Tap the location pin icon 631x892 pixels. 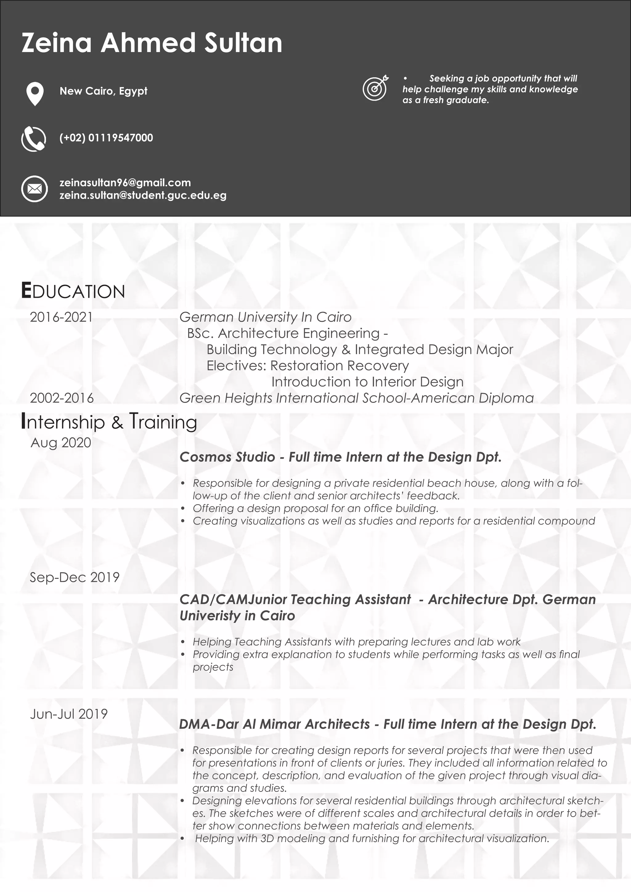click(35, 93)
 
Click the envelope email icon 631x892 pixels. click(34, 189)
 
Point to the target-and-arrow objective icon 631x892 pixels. click(375, 87)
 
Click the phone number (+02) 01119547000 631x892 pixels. click(106, 138)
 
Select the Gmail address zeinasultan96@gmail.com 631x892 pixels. click(125, 183)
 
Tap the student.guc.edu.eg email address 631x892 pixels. click(143, 195)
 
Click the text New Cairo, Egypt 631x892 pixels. click(103, 91)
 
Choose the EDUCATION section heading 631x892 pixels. click(73, 291)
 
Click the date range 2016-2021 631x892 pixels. click(61, 317)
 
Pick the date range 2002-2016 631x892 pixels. click(62, 398)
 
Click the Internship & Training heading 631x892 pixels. click(109, 422)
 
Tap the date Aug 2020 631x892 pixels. click(61, 443)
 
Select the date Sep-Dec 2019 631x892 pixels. click(75, 577)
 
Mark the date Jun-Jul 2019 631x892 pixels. click(69, 714)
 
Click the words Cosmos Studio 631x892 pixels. click(227, 457)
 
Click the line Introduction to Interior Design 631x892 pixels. click(367, 382)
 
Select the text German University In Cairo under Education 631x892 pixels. click(265, 317)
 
